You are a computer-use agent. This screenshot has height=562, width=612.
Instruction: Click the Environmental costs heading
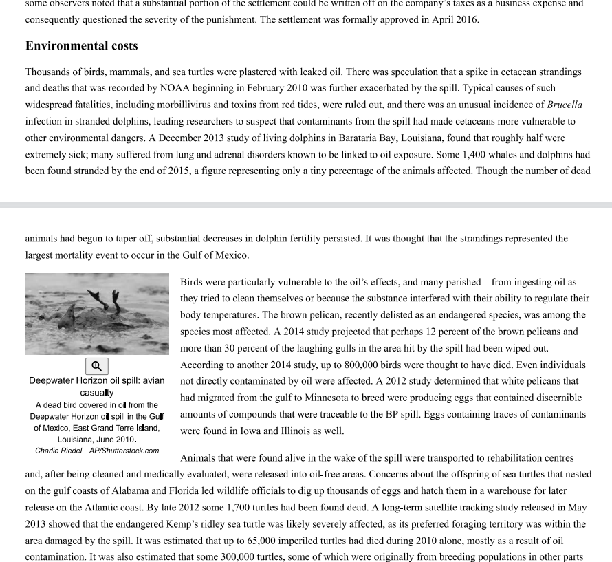tap(81, 46)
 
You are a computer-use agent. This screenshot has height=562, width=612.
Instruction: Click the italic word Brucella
tap(565, 105)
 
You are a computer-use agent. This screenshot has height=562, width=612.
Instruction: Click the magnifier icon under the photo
tap(97, 366)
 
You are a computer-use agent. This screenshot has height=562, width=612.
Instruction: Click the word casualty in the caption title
tap(97, 392)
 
